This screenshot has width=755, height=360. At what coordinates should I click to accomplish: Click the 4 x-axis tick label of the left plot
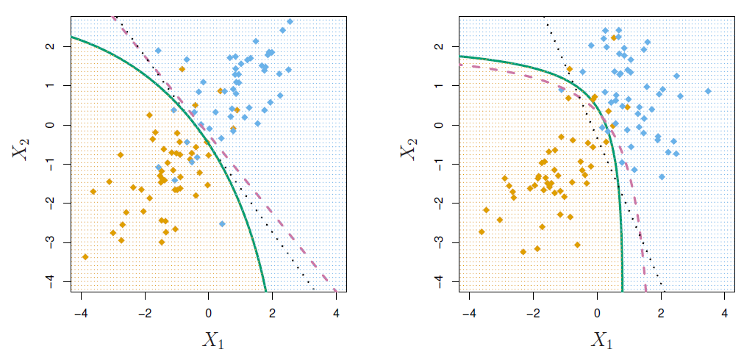click(336, 312)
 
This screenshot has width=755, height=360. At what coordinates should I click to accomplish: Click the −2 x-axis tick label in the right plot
click(532, 312)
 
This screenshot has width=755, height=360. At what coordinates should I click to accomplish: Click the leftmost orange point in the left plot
click(85, 256)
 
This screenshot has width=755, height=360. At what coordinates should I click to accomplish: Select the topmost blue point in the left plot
click(290, 21)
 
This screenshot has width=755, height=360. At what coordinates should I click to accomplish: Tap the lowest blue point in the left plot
click(222, 223)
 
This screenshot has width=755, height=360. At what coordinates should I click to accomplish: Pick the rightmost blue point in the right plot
click(708, 91)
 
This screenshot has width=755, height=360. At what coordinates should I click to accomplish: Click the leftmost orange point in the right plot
click(482, 231)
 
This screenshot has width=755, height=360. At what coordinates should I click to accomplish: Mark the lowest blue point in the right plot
click(662, 176)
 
